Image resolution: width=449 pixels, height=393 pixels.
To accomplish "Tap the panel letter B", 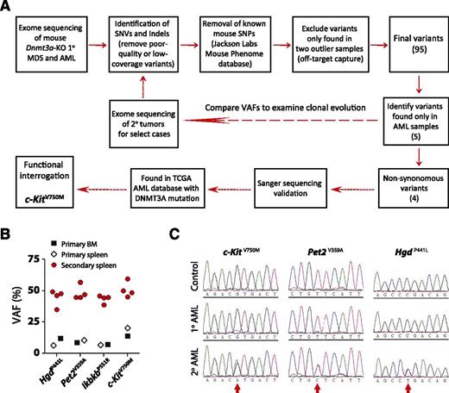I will coord(7,209).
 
